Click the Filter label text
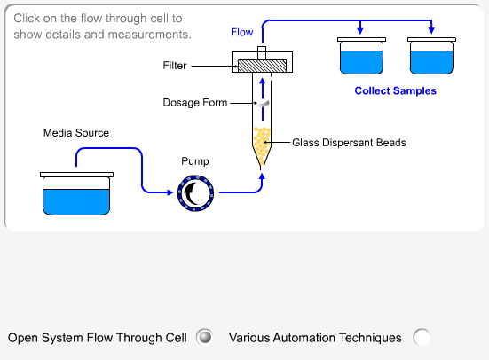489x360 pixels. [x=175, y=66]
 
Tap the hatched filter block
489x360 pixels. [x=262, y=66]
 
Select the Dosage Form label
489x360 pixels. [x=195, y=103]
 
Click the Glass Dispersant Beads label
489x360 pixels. [x=349, y=143]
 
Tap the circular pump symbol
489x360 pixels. [x=195, y=193]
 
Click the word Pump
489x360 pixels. [x=195, y=161]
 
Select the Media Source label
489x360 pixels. [x=76, y=133]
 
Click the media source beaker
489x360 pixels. [x=76, y=193]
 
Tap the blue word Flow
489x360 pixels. [x=241, y=32]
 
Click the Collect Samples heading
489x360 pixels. [x=395, y=90]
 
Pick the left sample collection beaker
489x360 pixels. [x=361, y=56]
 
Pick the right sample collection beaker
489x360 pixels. [x=431, y=56]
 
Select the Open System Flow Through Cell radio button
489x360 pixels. [x=205, y=337]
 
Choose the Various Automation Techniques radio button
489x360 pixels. [x=422, y=337]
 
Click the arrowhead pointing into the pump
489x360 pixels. [x=170, y=192]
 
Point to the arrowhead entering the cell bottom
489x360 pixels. [x=262, y=176]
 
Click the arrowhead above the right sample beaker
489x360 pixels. [x=431, y=30]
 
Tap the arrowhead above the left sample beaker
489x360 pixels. [x=360, y=30]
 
